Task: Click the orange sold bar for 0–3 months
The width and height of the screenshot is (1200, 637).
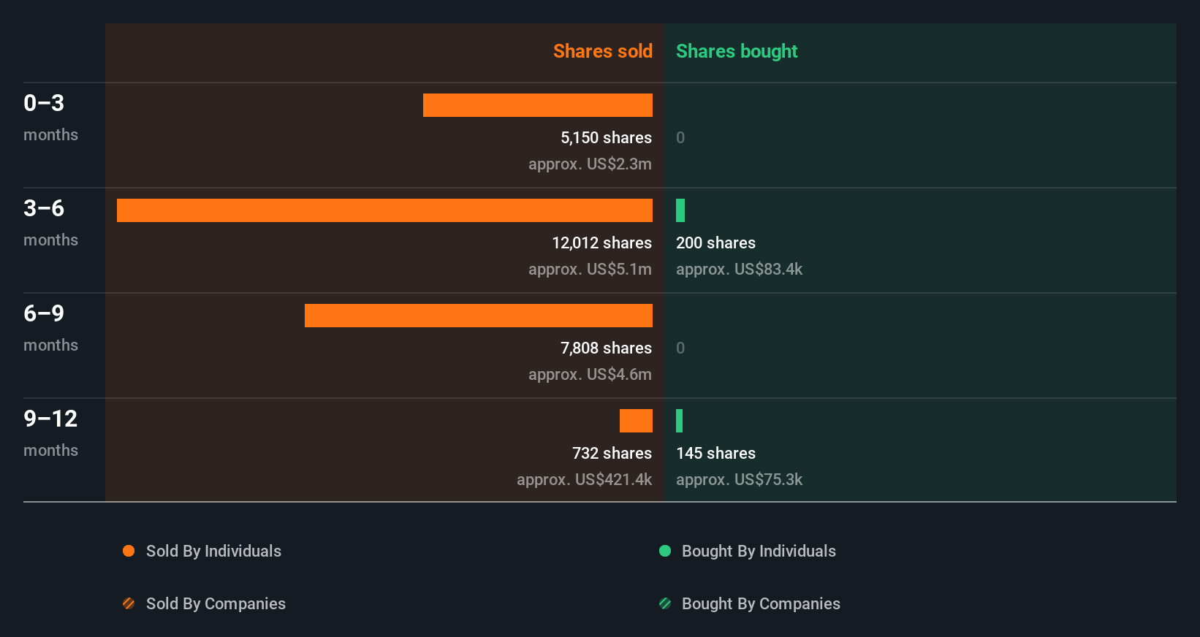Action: coord(537,105)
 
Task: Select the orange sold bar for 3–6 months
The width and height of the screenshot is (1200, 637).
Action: coord(384,210)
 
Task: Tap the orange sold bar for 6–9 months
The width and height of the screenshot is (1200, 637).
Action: coord(478,316)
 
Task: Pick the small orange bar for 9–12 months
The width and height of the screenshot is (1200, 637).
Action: coord(636,421)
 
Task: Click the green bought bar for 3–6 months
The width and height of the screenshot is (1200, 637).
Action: coord(680,210)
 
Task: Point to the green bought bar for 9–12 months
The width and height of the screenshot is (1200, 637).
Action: coord(680,421)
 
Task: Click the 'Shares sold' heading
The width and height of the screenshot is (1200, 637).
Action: coord(602,51)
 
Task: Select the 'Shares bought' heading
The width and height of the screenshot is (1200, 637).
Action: coord(736,51)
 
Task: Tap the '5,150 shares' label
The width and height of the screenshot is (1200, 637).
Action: coord(606,137)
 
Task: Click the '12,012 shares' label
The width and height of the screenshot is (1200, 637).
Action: coord(601,243)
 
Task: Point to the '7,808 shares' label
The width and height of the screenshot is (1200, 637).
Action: coord(606,348)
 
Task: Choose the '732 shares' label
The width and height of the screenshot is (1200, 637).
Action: coord(612,453)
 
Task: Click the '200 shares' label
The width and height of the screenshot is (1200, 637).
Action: coord(715,243)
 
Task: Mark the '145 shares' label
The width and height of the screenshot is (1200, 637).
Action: coord(715,453)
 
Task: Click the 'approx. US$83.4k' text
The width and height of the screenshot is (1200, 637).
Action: coord(739,269)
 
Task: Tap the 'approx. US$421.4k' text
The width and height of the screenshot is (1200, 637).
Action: coord(584,479)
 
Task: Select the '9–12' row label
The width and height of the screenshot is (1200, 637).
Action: coord(50,419)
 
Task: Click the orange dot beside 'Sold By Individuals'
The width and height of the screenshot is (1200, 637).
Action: coord(129,551)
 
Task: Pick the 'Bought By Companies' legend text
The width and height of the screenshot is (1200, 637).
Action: coord(761,603)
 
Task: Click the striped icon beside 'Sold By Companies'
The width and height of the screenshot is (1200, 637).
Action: coord(129,603)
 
